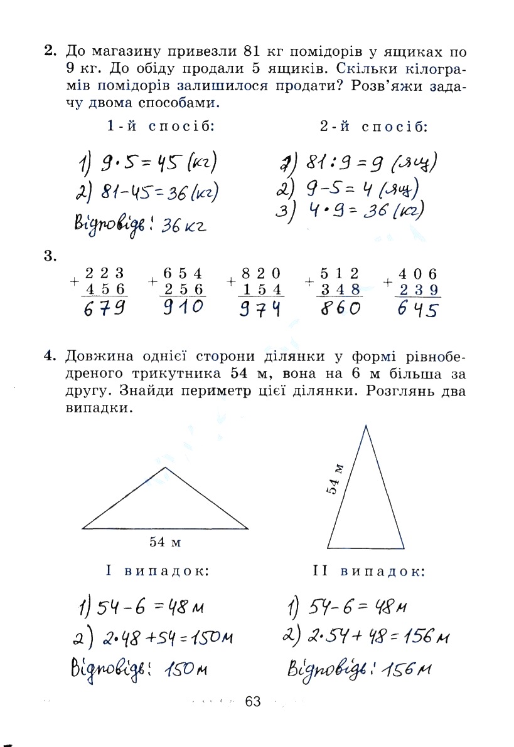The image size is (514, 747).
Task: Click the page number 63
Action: (253, 701)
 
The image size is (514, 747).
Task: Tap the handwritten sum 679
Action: (104, 308)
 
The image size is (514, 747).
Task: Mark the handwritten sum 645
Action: (417, 309)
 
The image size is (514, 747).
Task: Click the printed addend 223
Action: (104, 273)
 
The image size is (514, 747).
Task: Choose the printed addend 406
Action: (417, 273)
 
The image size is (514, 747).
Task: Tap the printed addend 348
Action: (341, 289)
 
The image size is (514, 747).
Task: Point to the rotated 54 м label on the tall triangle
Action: (336, 479)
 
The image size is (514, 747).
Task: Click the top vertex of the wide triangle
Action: (165, 468)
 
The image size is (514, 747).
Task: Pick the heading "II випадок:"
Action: (368, 572)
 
